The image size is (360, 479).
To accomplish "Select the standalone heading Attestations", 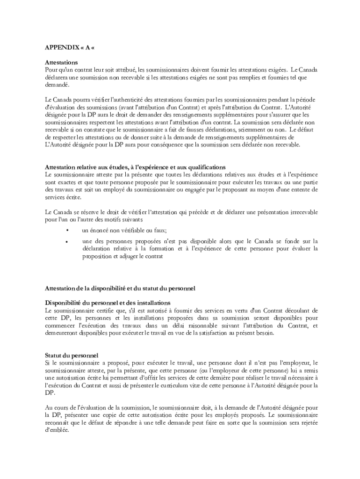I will [61, 62].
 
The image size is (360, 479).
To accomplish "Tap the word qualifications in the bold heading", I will [206, 167].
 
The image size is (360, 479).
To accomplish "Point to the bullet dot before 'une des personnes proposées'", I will [68, 241].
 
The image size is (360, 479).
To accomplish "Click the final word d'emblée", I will [57, 430].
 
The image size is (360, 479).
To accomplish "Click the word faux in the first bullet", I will [160, 231].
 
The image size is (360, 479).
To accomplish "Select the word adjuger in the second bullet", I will [127, 257].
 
